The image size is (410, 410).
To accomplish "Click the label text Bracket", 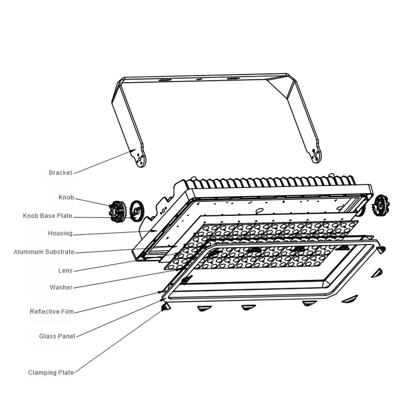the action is [x=60, y=173].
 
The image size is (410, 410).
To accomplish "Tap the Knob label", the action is [x=66, y=197].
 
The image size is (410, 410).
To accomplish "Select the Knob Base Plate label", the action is [x=48, y=216].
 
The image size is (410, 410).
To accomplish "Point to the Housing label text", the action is [x=60, y=233].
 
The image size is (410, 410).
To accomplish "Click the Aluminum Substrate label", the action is [x=44, y=252].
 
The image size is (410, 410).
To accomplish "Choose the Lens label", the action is [x=66, y=271].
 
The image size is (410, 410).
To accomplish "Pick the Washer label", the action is [x=61, y=288].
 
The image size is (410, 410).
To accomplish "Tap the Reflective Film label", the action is [x=52, y=312].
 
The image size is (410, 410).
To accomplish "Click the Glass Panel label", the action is [x=57, y=336].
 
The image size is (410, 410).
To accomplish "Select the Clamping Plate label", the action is [x=51, y=373].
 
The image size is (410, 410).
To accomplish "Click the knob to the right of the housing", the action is [x=381, y=206].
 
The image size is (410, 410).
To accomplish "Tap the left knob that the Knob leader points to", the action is [x=117, y=211].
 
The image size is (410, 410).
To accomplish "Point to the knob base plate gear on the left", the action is [x=136, y=211].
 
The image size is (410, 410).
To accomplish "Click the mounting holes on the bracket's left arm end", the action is [x=140, y=159].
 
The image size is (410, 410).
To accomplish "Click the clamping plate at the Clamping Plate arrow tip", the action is [x=166, y=307].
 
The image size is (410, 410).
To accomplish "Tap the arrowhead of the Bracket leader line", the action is [x=133, y=151].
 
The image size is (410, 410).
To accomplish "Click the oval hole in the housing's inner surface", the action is [x=259, y=210].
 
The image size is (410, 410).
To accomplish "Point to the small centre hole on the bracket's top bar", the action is [x=199, y=79].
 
